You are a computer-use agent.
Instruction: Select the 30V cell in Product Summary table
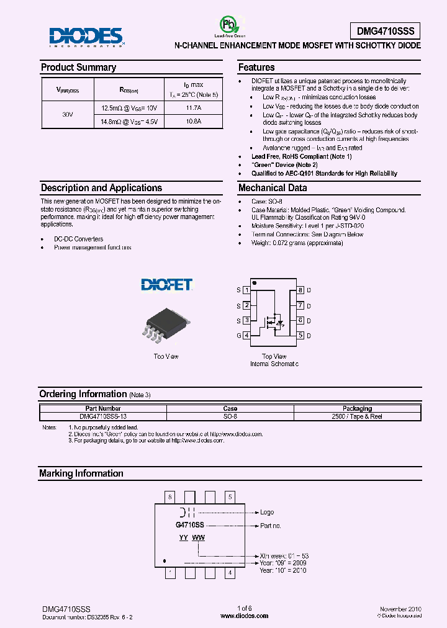(x=68, y=115)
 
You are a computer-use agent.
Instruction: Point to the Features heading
(x=256, y=68)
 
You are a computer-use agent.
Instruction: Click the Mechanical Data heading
(x=273, y=188)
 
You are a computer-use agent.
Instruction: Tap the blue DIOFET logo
(x=166, y=285)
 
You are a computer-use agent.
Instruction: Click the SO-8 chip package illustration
(x=166, y=326)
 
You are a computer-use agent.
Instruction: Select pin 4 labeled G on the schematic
(x=246, y=336)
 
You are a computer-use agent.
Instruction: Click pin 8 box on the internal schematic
(x=300, y=290)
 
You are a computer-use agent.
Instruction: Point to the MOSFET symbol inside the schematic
(x=274, y=321)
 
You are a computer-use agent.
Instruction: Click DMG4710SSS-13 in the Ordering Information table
(x=103, y=417)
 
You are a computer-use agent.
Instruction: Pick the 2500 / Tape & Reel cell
(x=357, y=417)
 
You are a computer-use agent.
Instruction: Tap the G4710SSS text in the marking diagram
(x=189, y=526)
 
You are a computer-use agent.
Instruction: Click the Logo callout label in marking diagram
(x=267, y=513)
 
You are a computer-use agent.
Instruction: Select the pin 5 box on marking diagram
(x=230, y=496)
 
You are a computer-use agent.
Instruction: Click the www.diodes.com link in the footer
(x=245, y=616)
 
